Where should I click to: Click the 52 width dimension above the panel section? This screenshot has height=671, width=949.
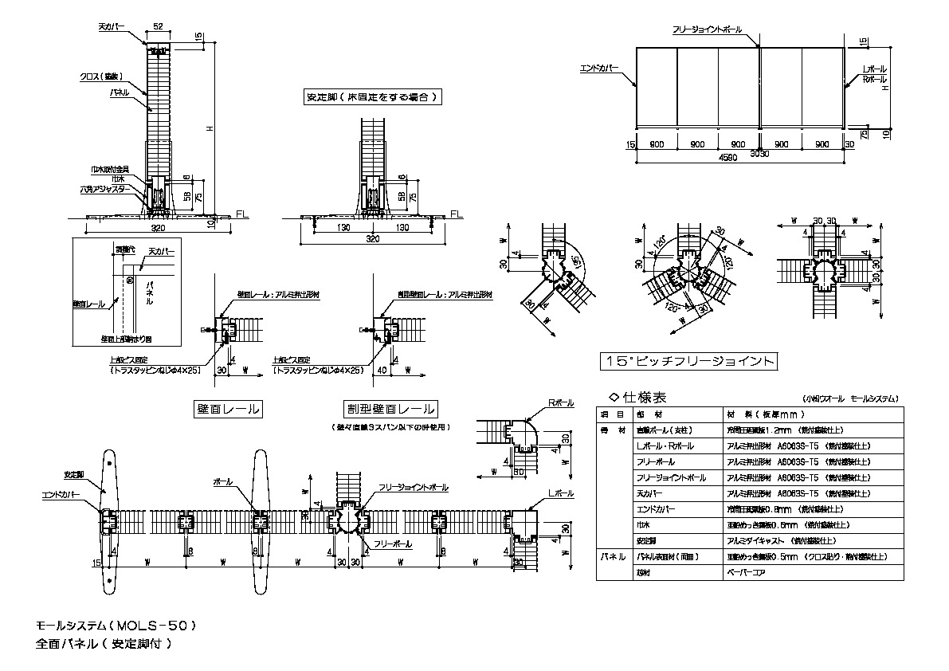pos(158,27)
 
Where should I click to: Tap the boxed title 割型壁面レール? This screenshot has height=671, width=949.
pos(390,410)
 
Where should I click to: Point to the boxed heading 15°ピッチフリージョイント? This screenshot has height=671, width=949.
pos(688,362)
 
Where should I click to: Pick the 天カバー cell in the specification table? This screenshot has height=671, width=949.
pos(652,492)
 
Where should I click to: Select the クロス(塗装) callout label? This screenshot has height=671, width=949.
pos(100,77)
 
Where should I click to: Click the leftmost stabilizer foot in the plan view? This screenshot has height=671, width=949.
pos(108,522)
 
